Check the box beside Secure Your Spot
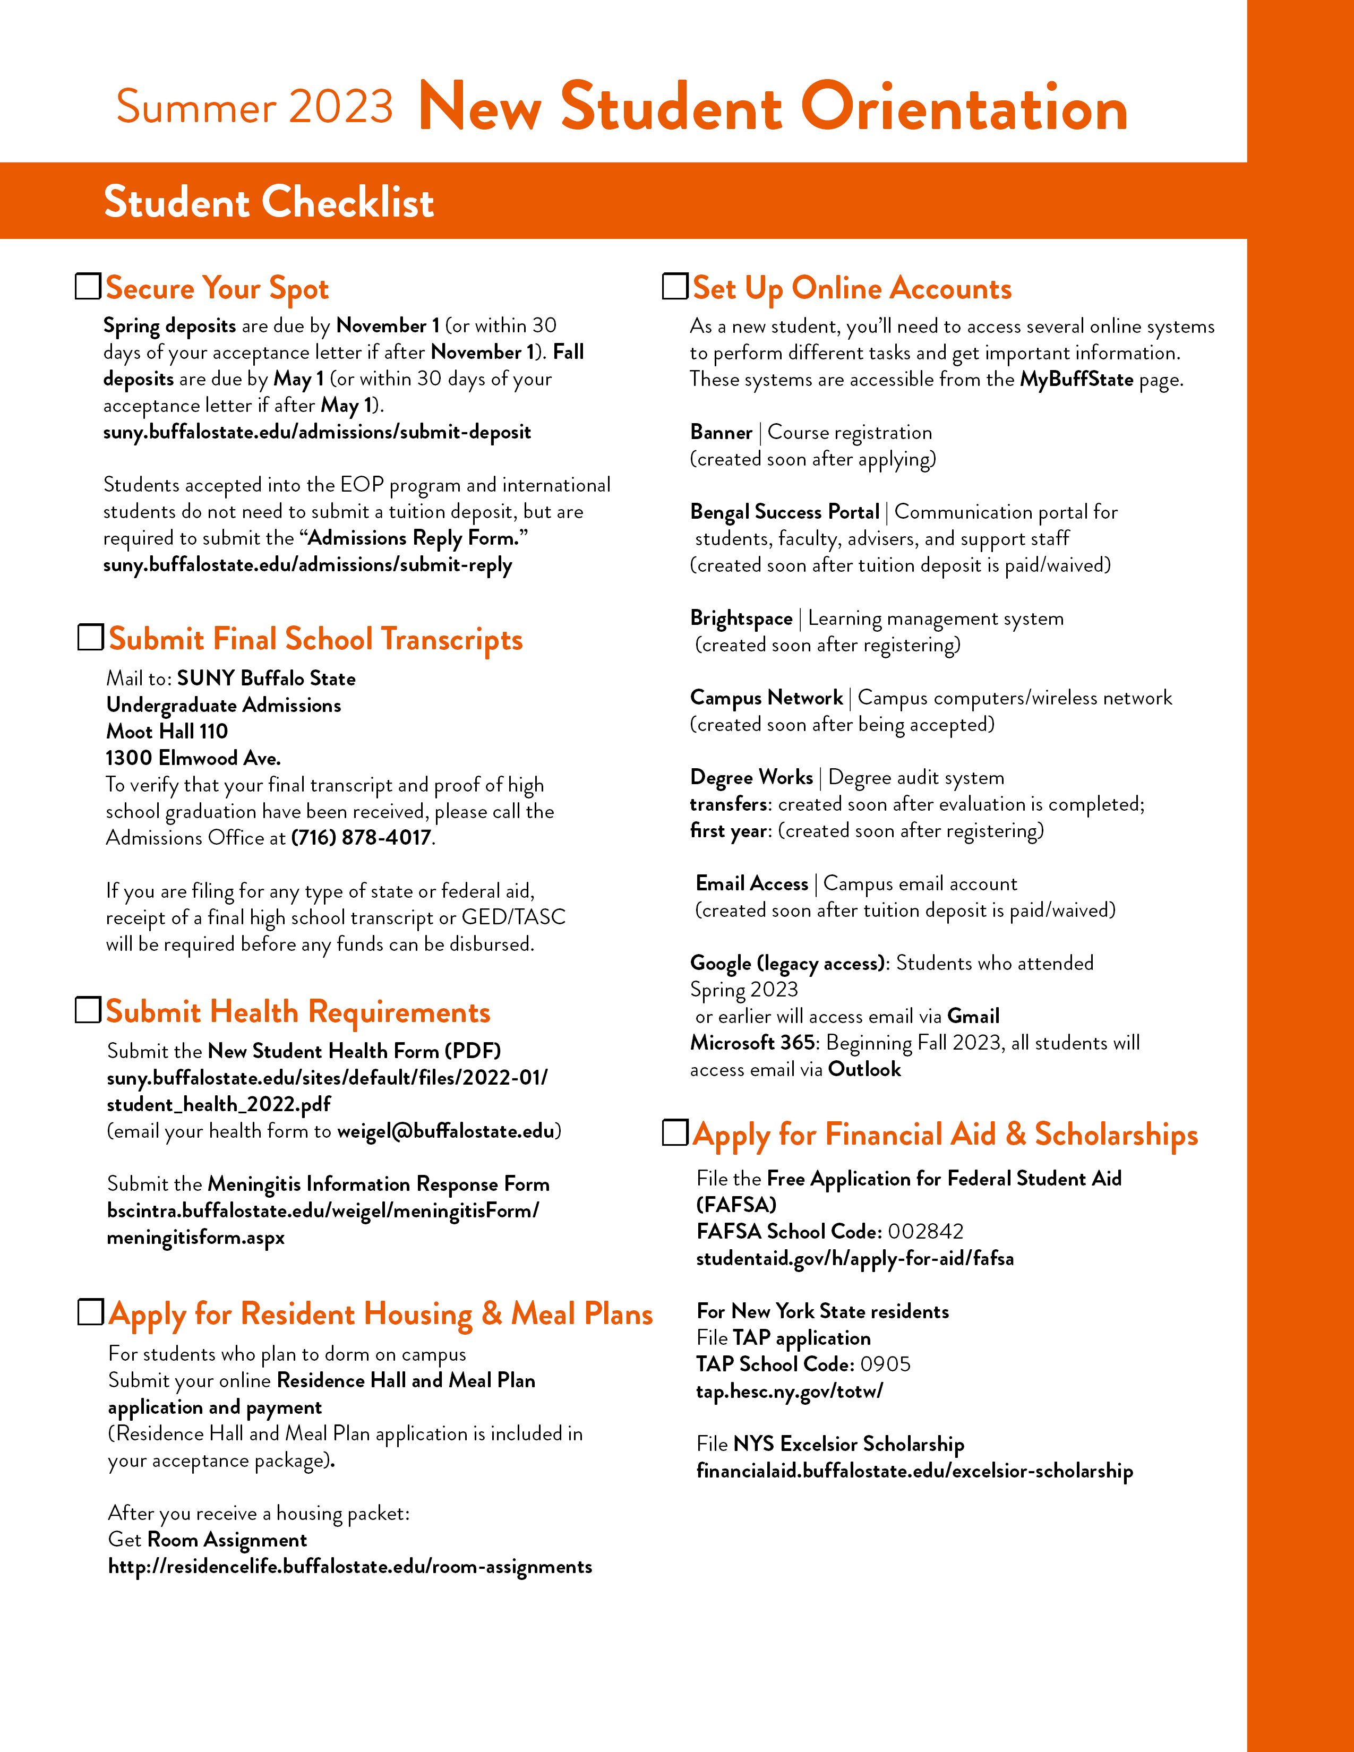coord(88,286)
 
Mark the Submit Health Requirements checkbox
coord(88,1010)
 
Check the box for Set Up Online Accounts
coord(674,286)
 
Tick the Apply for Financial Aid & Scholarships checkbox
coord(674,1133)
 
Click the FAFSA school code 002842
coord(925,1231)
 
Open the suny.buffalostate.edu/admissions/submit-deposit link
coord(317,432)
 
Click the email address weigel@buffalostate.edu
coord(446,1131)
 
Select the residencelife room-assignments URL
coord(350,1567)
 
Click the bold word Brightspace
coord(741,619)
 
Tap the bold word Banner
coord(721,432)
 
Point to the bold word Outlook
coord(864,1069)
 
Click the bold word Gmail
coord(973,1016)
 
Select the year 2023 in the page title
coord(341,107)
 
